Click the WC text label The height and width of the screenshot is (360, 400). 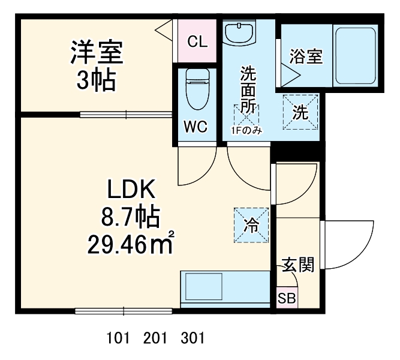(x=196, y=127)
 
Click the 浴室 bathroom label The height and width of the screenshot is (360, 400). (x=306, y=57)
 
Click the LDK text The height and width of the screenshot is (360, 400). (x=131, y=191)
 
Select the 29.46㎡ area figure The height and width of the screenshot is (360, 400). (x=130, y=244)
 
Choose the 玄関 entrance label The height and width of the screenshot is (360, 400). (x=298, y=264)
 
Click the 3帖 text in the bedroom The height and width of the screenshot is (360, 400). (x=95, y=80)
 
